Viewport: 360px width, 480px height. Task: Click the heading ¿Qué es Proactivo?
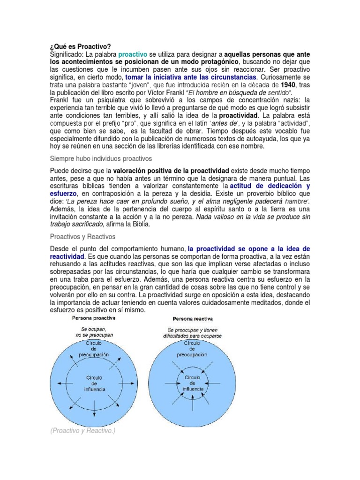click(x=80, y=47)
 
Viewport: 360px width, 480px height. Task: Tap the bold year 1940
click(x=287, y=85)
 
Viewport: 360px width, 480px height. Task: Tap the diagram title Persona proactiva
click(x=94, y=318)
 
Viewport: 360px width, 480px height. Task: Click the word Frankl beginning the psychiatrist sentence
click(x=60, y=100)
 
